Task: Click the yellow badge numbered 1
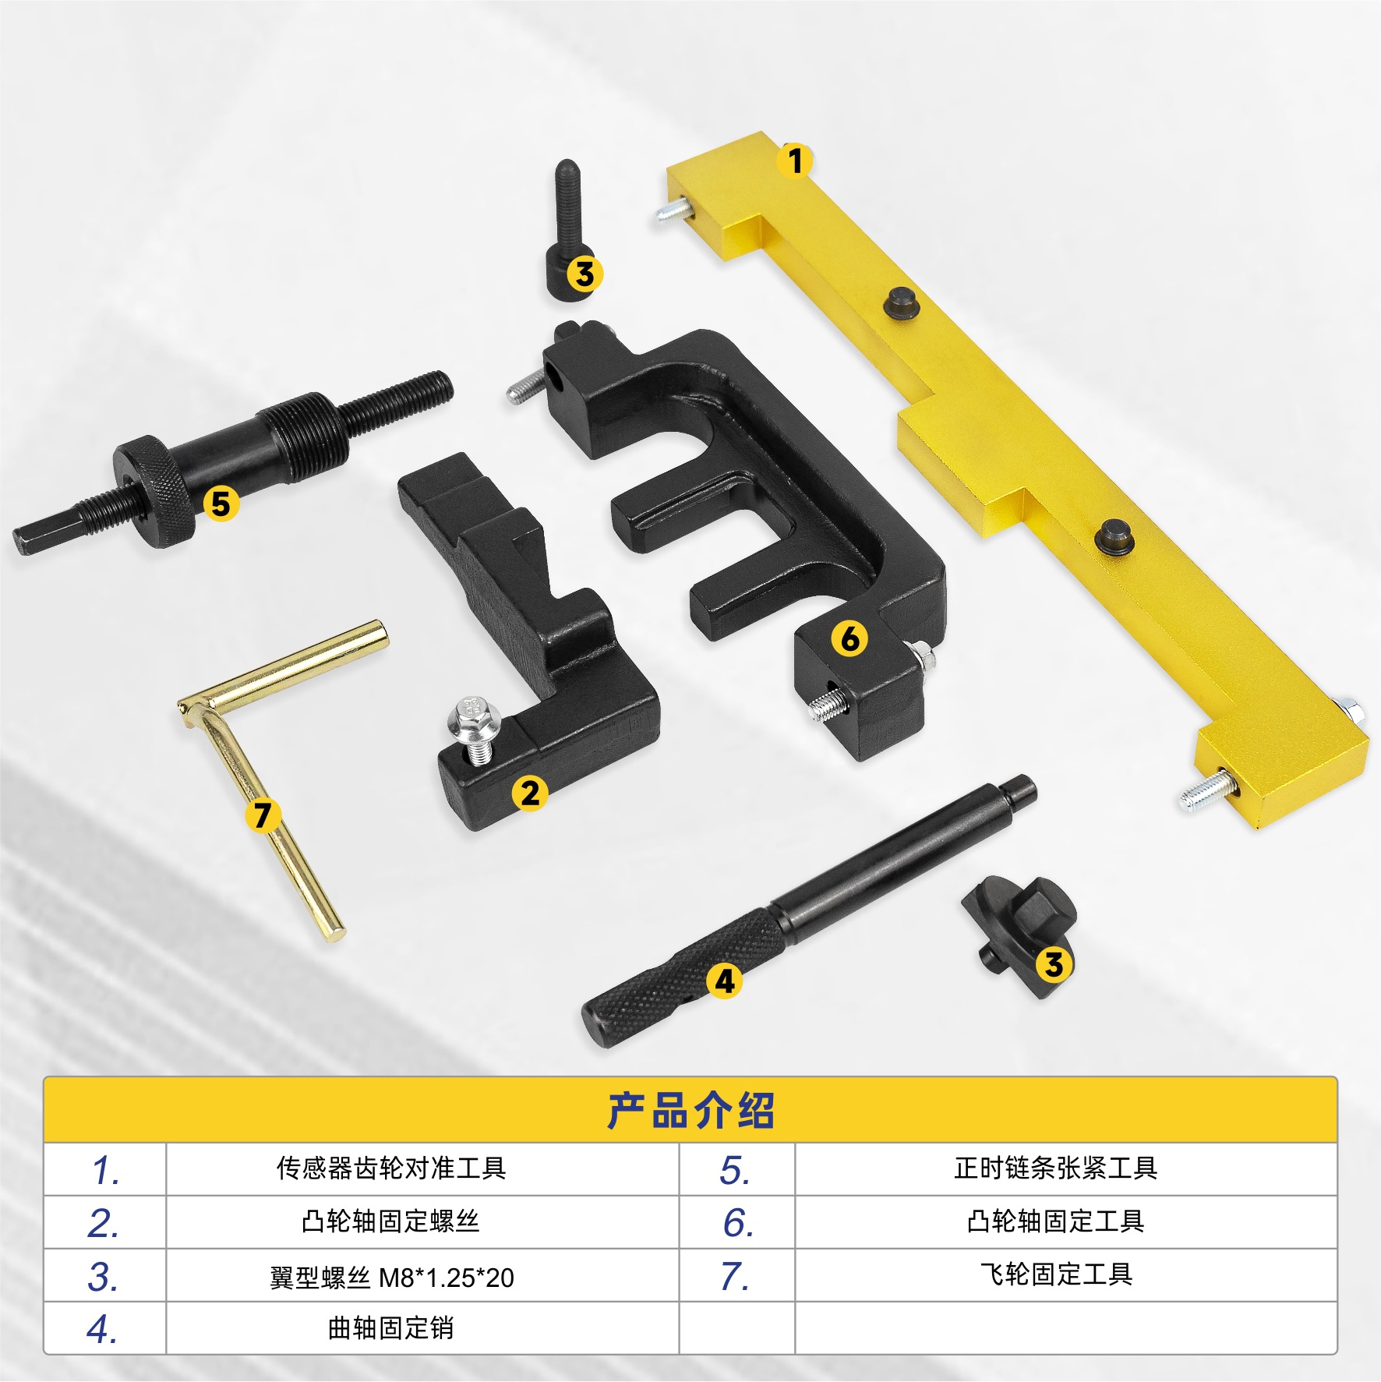pyautogui.click(x=794, y=161)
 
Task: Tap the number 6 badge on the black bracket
pyautogui.click(x=849, y=638)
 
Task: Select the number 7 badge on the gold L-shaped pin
pyautogui.click(x=263, y=815)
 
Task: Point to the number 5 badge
pyautogui.click(x=221, y=504)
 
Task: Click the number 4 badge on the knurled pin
pyautogui.click(x=725, y=981)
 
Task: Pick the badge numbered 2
pyautogui.click(x=530, y=794)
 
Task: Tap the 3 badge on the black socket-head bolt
pyautogui.click(x=585, y=274)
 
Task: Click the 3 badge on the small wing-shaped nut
pyautogui.click(x=1054, y=964)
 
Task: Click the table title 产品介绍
pyautogui.click(x=690, y=1111)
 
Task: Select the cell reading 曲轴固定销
pyautogui.click(x=390, y=1328)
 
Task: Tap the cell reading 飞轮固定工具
pyautogui.click(x=1056, y=1274)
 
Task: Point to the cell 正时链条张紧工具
pyautogui.click(x=1056, y=1168)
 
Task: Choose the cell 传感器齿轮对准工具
pyautogui.click(x=391, y=1168)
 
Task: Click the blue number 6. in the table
pyautogui.click(x=737, y=1223)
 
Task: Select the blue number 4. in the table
pyautogui.click(x=102, y=1329)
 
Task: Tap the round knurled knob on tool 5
pyautogui.click(x=153, y=491)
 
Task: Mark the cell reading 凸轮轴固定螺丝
pyautogui.click(x=390, y=1221)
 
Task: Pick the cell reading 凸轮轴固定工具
pyautogui.click(x=1056, y=1221)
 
